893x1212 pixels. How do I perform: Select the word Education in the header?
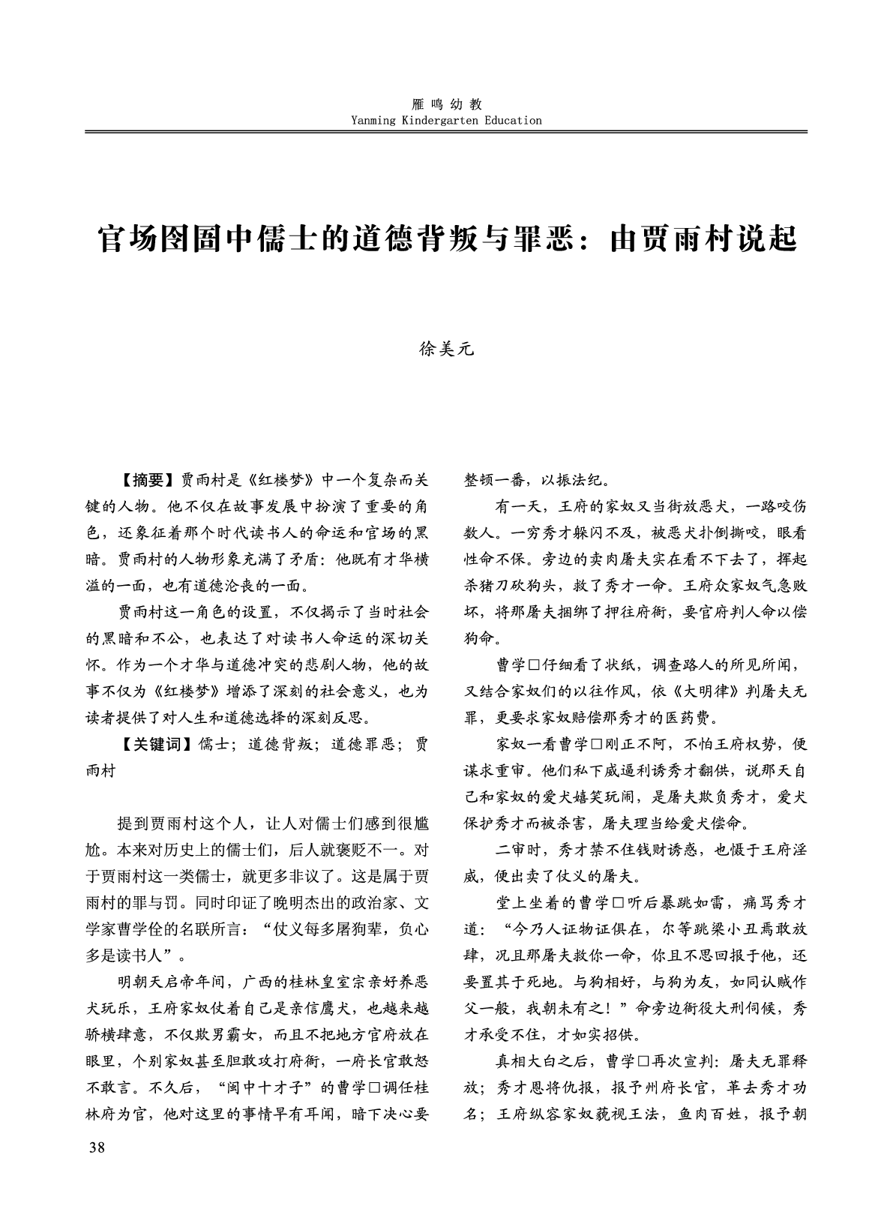click(513, 120)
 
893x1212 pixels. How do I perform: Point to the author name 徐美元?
click(446, 349)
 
